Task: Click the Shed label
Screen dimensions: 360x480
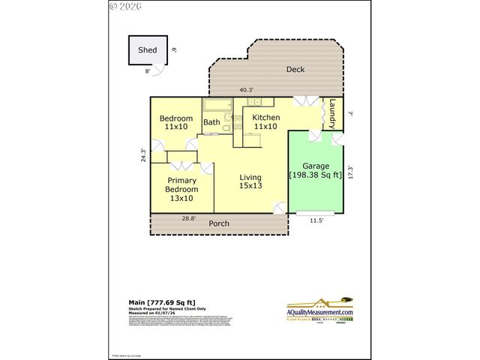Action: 147,51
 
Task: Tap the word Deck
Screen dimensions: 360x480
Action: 295,70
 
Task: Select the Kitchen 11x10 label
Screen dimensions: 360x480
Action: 265,121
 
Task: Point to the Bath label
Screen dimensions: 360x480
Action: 212,122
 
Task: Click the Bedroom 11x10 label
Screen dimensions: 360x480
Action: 176,122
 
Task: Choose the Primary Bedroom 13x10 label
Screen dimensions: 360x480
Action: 181,189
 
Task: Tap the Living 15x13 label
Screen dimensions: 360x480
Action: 250,181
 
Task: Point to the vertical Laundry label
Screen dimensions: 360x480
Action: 331,115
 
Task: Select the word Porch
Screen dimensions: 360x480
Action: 219,223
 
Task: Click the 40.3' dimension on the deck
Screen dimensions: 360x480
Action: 246,90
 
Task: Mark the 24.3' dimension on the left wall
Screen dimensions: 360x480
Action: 143,154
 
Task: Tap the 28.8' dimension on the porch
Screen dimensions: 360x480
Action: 190,218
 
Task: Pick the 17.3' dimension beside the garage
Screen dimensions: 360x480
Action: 350,172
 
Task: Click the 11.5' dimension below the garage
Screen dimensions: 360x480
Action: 316,220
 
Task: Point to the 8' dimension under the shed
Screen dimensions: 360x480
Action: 148,70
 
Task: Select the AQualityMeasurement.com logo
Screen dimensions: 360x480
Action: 331,309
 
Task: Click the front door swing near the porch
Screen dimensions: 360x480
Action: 280,207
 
